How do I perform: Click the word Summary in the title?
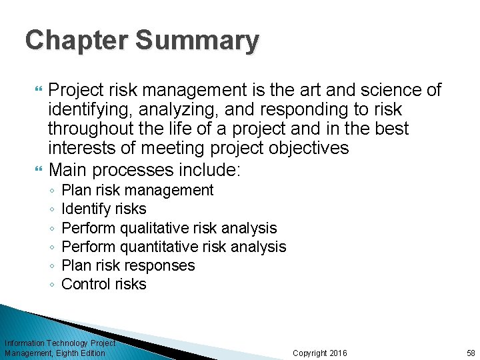pos(197,41)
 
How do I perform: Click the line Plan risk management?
pos(137,190)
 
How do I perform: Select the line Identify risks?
pos(103,209)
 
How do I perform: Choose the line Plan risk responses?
pos(128,265)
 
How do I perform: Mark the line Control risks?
pos(103,284)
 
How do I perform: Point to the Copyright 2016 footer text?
pos(320,353)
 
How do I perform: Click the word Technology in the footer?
pos(69,343)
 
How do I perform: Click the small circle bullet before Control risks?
pos(52,285)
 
